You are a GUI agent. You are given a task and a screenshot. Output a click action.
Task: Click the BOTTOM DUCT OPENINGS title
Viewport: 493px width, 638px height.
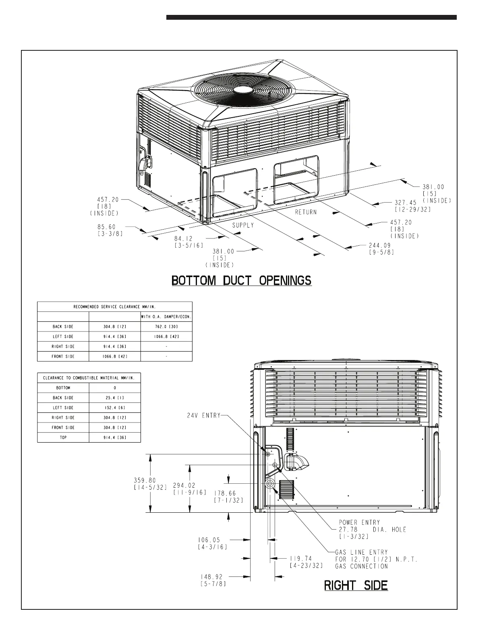(242, 280)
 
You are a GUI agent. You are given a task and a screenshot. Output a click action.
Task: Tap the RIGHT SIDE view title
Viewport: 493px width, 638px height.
(356, 585)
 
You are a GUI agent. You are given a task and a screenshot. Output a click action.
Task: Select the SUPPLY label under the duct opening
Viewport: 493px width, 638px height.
(243, 225)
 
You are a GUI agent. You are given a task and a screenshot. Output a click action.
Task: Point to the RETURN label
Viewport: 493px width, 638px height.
(306, 212)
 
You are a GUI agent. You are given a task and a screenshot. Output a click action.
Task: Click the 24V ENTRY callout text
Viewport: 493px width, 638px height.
(204, 415)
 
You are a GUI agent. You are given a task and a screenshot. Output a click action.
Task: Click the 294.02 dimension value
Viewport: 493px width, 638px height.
(184, 485)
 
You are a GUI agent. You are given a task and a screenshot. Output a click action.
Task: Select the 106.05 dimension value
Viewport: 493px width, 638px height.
(209, 540)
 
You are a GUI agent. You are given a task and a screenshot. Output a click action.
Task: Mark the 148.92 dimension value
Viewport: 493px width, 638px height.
(211, 577)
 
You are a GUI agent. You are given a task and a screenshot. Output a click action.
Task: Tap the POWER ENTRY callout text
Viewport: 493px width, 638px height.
(359, 522)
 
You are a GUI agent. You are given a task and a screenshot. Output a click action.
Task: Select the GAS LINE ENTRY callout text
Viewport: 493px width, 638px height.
(362, 552)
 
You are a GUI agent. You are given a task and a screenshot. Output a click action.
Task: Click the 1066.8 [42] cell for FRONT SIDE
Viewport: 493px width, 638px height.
(115, 356)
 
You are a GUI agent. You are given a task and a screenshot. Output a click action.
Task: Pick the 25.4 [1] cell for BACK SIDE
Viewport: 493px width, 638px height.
(115, 398)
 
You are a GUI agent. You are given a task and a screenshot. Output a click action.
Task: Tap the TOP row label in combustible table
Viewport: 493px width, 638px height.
(63, 437)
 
